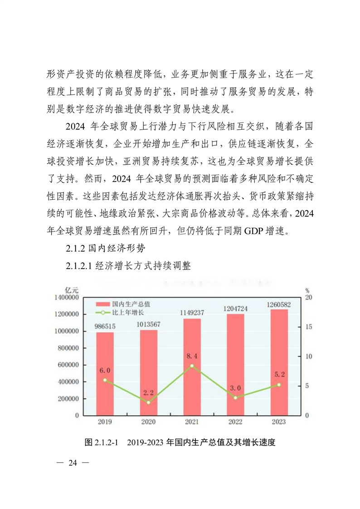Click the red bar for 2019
pyautogui.click(x=105, y=373)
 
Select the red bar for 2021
pyautogui.click(x=192, y=367)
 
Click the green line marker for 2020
pyautogui.click(x=148, y=402)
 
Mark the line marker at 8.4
pyautogui.click(x=192, y=366)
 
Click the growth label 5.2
pyautogui.click(x=279, y=375)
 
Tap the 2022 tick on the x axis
pyautogui.click(x=235, y=422)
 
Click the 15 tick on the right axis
pyautogui.click(x=308, y=327)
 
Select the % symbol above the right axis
pyautogui.click(x=307, y=290)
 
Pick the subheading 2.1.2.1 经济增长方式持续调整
pyautogui.click(x=128, y=266)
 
